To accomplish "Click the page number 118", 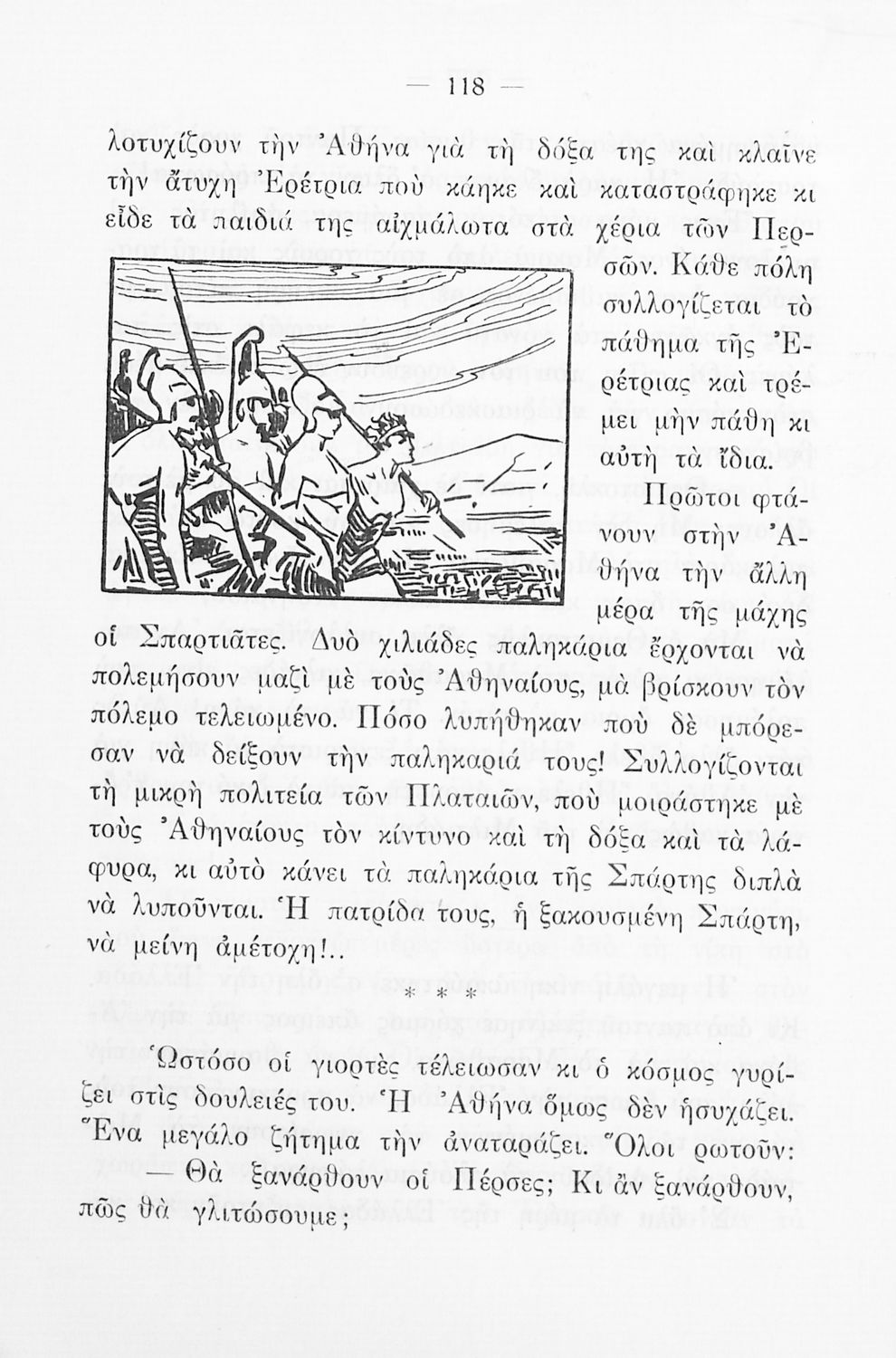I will coord(466,87).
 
